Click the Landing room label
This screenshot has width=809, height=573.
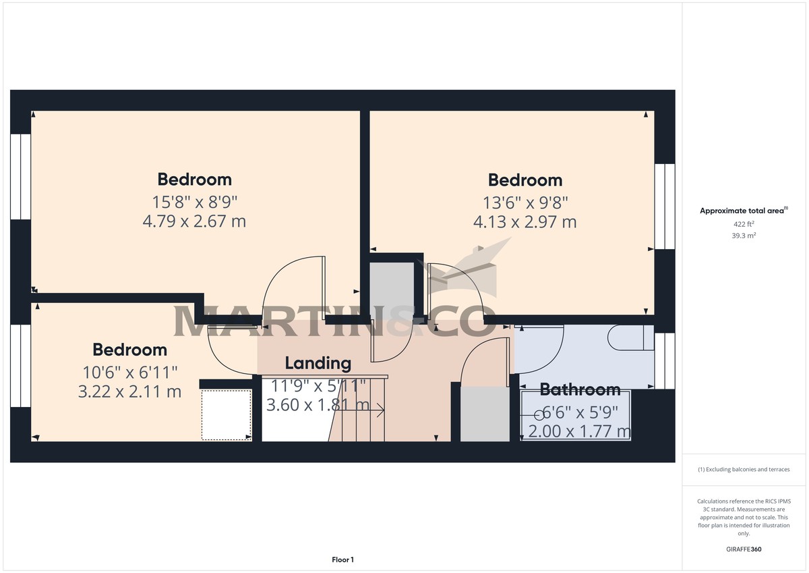(x=318, y=363)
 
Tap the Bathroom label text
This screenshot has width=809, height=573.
(x=580, y=389)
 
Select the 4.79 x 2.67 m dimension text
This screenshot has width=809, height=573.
(x=194, y=221)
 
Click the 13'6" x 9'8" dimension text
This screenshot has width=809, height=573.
(x=525, y=201)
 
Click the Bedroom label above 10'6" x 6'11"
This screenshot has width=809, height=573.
(x=129, y=350)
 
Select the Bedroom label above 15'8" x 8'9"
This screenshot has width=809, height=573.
(x=194, y=179)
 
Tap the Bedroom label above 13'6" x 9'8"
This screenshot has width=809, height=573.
(x=525, y=180)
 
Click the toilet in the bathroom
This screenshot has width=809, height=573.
(x=630, y=338)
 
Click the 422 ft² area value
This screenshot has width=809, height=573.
(x=744, y=223)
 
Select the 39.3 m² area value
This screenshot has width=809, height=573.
(x=744, y=236)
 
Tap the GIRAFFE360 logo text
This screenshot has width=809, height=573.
(x=744, y=549)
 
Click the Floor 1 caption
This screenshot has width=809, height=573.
(x=342, y=560)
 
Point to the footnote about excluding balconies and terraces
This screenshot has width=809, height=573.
(x=744, y=469)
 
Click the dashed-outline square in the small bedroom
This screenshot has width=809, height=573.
(x=227, y=414)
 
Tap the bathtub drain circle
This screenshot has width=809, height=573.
(x=539, y=416)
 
